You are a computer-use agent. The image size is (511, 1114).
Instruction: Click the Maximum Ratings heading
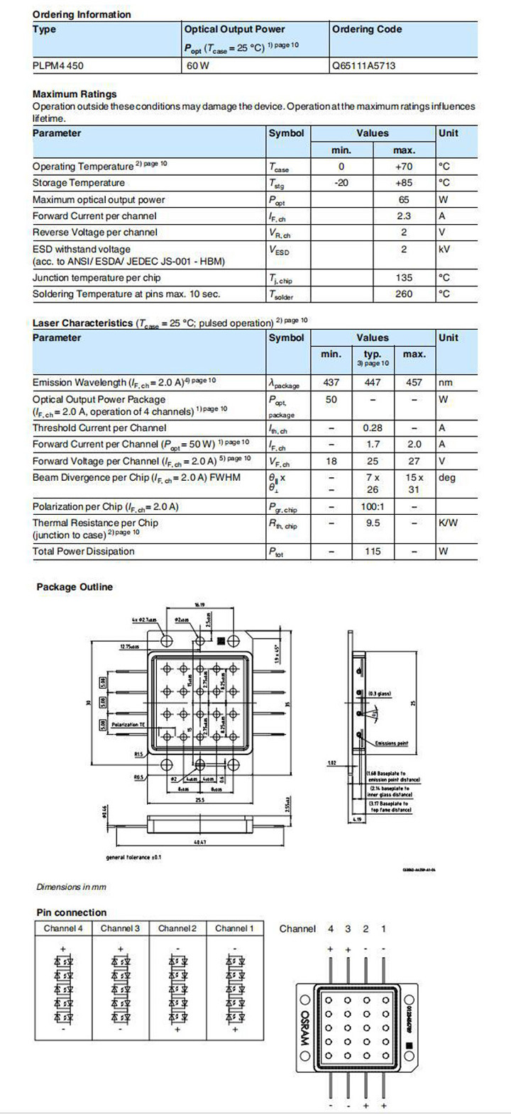pos(75,94)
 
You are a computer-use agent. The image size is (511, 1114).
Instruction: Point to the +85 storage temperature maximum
pos(404,183)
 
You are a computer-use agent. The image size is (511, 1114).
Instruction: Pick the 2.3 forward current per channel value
pos(404,216)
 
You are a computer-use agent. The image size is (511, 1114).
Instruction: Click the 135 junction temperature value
pos(404,278)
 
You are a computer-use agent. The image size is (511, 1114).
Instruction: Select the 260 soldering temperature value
pos(404,294)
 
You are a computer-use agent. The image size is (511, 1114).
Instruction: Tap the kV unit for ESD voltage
pos(445,250)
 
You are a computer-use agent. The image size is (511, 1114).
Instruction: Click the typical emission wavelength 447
pos(373,383)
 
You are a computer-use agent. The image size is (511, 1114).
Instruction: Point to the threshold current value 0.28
pos(373,428)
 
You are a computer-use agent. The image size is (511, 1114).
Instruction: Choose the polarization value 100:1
pos(373,507)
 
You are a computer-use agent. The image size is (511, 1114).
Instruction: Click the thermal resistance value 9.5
pos(373,523)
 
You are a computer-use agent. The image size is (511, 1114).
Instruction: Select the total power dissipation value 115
pos(373,552)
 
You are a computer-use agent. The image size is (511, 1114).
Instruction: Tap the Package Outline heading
pos(75,587)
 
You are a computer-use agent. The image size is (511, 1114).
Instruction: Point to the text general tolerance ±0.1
pos(133,857)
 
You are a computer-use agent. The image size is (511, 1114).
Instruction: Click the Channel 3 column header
pos(120,928)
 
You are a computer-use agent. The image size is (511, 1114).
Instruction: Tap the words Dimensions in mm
pos(71,887)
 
